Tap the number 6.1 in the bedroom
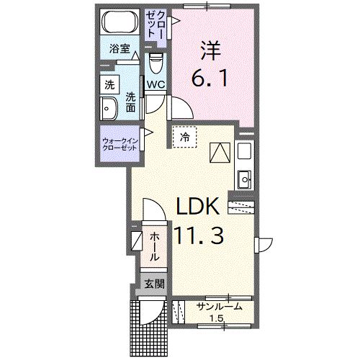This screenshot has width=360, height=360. coord(210,77)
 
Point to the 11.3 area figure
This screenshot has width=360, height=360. coord(202,235)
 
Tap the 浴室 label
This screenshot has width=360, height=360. coord(120,49)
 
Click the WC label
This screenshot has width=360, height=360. coord(156,85)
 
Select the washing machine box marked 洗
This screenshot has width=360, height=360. coord(109,83)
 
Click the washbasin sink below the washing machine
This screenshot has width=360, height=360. coord(110,109)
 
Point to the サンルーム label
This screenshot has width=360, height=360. coord(219,307)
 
